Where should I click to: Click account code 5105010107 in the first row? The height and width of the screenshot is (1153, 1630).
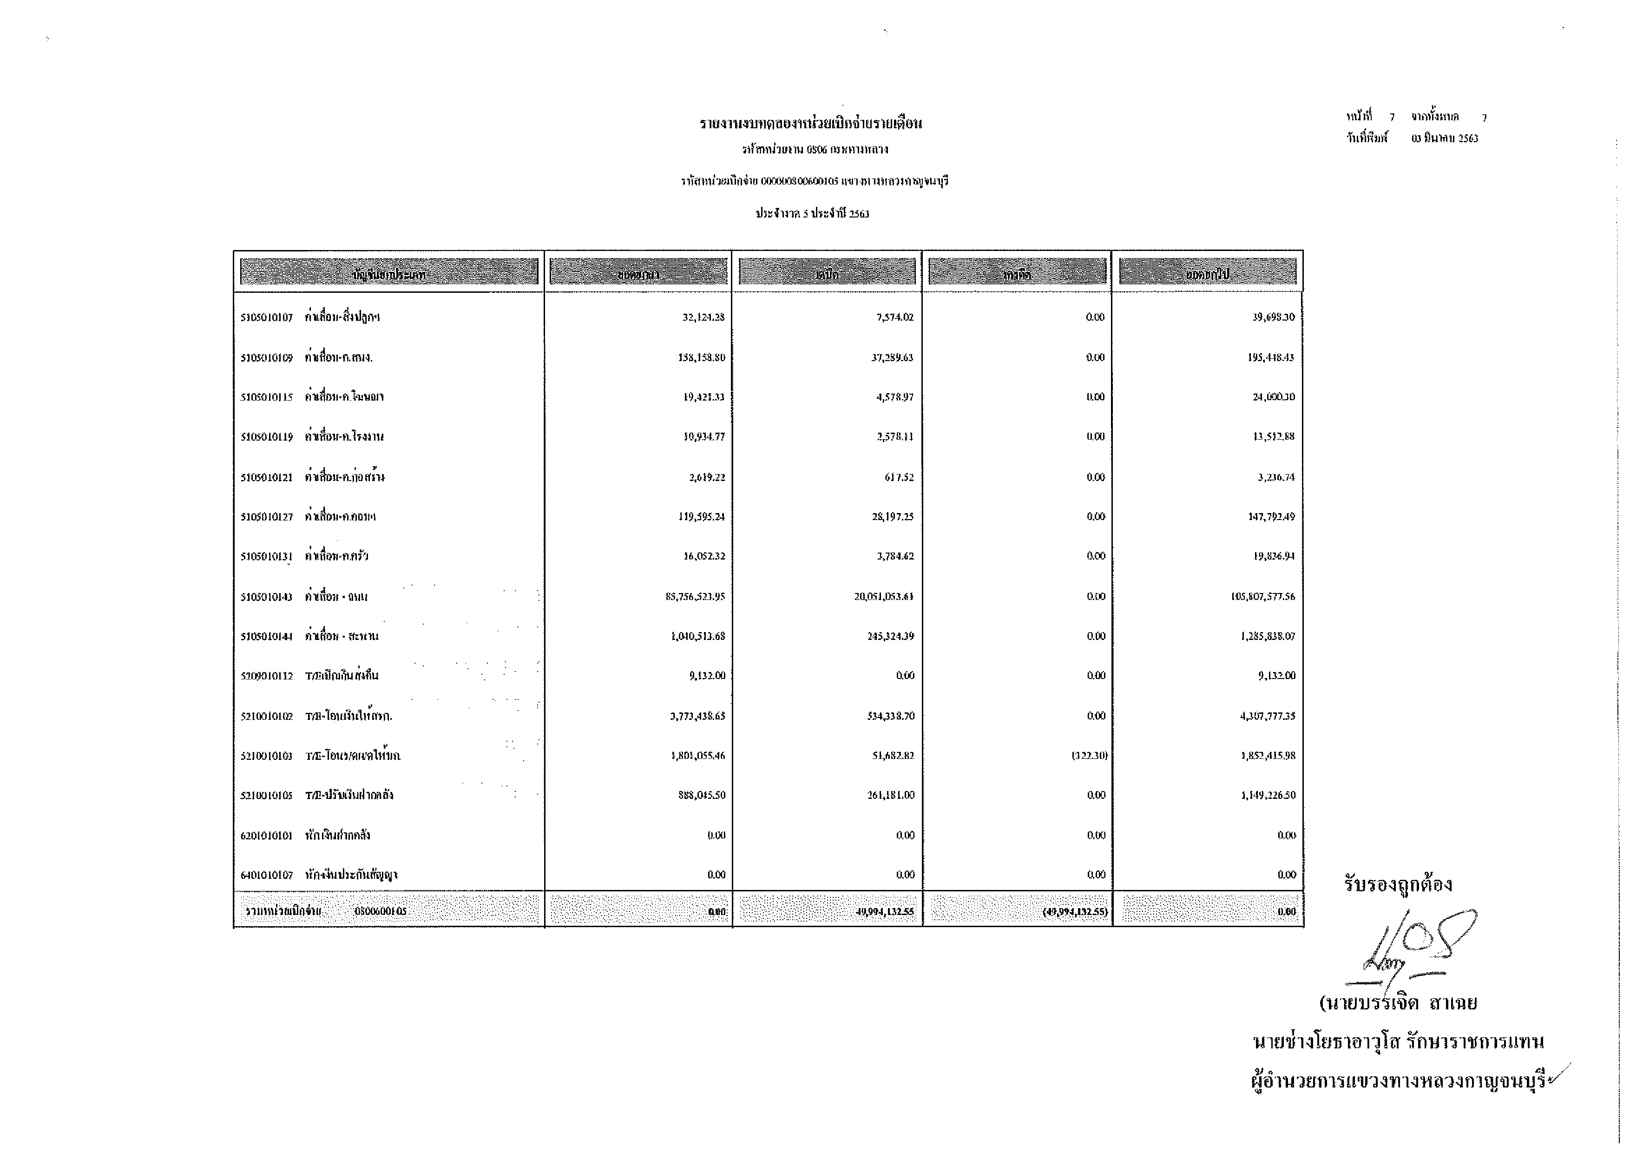(x=266, y=317)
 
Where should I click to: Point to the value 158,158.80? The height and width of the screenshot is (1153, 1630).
(x=702, y=358)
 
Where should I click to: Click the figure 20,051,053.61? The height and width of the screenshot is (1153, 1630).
(x=883, y=596)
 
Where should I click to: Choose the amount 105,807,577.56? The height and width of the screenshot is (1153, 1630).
(x=1262, y=596)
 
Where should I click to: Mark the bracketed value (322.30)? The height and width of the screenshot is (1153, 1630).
(x=1089, y=755)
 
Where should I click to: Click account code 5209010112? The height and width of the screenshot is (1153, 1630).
(x=266, y=676)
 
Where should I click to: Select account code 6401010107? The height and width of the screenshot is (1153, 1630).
(x=266, y=875)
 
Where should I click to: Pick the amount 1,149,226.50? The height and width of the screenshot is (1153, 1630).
(x=1268, y=795)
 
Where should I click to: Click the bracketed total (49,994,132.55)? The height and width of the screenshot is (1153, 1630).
(x=1075, y=912)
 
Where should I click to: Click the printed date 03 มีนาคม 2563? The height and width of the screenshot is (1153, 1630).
(x=1445, y=138)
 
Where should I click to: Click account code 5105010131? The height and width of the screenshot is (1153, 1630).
(x=266, y=557)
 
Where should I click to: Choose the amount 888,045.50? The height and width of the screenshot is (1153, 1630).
(x=702, y=795)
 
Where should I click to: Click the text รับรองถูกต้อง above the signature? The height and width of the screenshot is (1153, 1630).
(x=1397, y=885)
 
